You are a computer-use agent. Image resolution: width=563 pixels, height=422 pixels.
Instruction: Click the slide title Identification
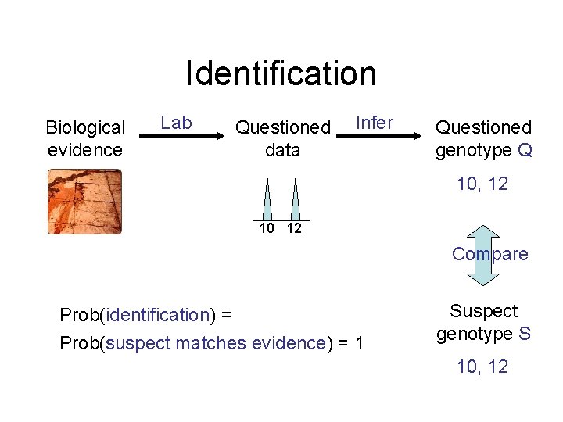281,73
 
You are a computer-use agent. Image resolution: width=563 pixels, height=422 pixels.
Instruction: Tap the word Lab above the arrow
176,123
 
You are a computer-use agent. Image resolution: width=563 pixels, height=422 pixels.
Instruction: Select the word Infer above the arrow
375,123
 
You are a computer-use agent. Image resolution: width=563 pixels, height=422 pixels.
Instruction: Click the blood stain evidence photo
85,202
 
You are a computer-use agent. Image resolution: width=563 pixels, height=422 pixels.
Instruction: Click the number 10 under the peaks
267,228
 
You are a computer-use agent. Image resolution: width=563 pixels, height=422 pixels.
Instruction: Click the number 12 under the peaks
294,228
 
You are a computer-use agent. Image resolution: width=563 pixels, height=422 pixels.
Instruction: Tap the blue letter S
525,334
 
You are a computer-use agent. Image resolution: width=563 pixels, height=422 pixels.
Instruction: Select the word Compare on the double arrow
489,254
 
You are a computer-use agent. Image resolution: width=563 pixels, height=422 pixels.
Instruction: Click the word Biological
85,127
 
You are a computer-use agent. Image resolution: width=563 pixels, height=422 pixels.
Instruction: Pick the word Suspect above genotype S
483,311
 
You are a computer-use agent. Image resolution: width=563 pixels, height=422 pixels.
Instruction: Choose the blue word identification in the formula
157,315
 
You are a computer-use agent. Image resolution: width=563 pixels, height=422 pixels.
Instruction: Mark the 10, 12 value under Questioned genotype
482,184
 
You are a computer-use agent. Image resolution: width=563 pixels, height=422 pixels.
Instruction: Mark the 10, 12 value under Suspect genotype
482,367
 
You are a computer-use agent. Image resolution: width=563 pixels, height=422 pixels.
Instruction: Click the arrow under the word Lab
181,137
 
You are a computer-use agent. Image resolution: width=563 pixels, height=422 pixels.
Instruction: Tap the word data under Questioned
282,150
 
